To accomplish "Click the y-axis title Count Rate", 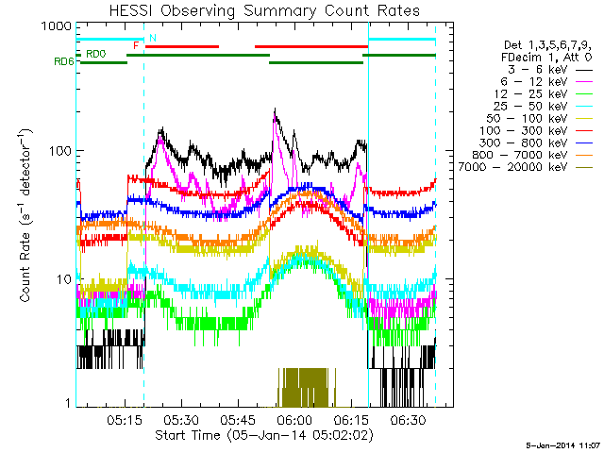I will (x=26, y=217).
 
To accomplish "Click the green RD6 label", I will (x=64, y=63).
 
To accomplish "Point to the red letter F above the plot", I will (x=137, y=45).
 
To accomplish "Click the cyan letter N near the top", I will (x=152, y=38).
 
